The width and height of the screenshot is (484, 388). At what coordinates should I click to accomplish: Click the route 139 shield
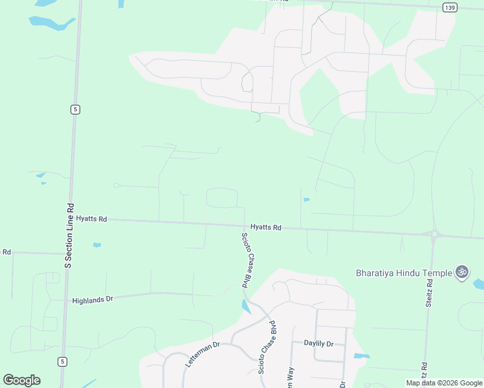tap(451, 7)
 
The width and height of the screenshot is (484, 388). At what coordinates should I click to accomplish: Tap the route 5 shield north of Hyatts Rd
tap(76, 109)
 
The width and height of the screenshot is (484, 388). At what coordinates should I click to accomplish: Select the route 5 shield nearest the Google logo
tap(61, 361)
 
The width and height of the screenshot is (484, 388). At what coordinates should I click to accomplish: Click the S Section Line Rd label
tap(69, 233)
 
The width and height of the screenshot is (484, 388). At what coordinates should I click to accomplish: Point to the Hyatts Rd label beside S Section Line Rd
tap(91, 219)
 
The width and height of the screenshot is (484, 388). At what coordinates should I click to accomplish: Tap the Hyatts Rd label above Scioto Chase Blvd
tap(266, 227)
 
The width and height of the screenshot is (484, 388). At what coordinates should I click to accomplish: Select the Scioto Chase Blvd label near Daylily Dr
tap(276, 346)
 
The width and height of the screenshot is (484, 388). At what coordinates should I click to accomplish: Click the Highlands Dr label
tap(93, 300)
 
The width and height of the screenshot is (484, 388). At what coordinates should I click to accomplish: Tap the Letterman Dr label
tap(203, 354)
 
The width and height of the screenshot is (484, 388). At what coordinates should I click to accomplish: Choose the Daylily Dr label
tap(318, 343)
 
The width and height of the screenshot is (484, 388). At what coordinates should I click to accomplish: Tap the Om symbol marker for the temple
tap(462, 272)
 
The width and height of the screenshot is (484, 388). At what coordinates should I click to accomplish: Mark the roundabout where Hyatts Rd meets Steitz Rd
tap(434, 234)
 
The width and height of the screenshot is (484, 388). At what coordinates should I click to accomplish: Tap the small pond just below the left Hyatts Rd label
tap(97, 245)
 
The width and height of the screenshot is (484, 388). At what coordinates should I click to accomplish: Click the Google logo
tap(21, 380)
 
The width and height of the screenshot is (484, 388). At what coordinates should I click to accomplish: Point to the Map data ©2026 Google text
tap(445, 383)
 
